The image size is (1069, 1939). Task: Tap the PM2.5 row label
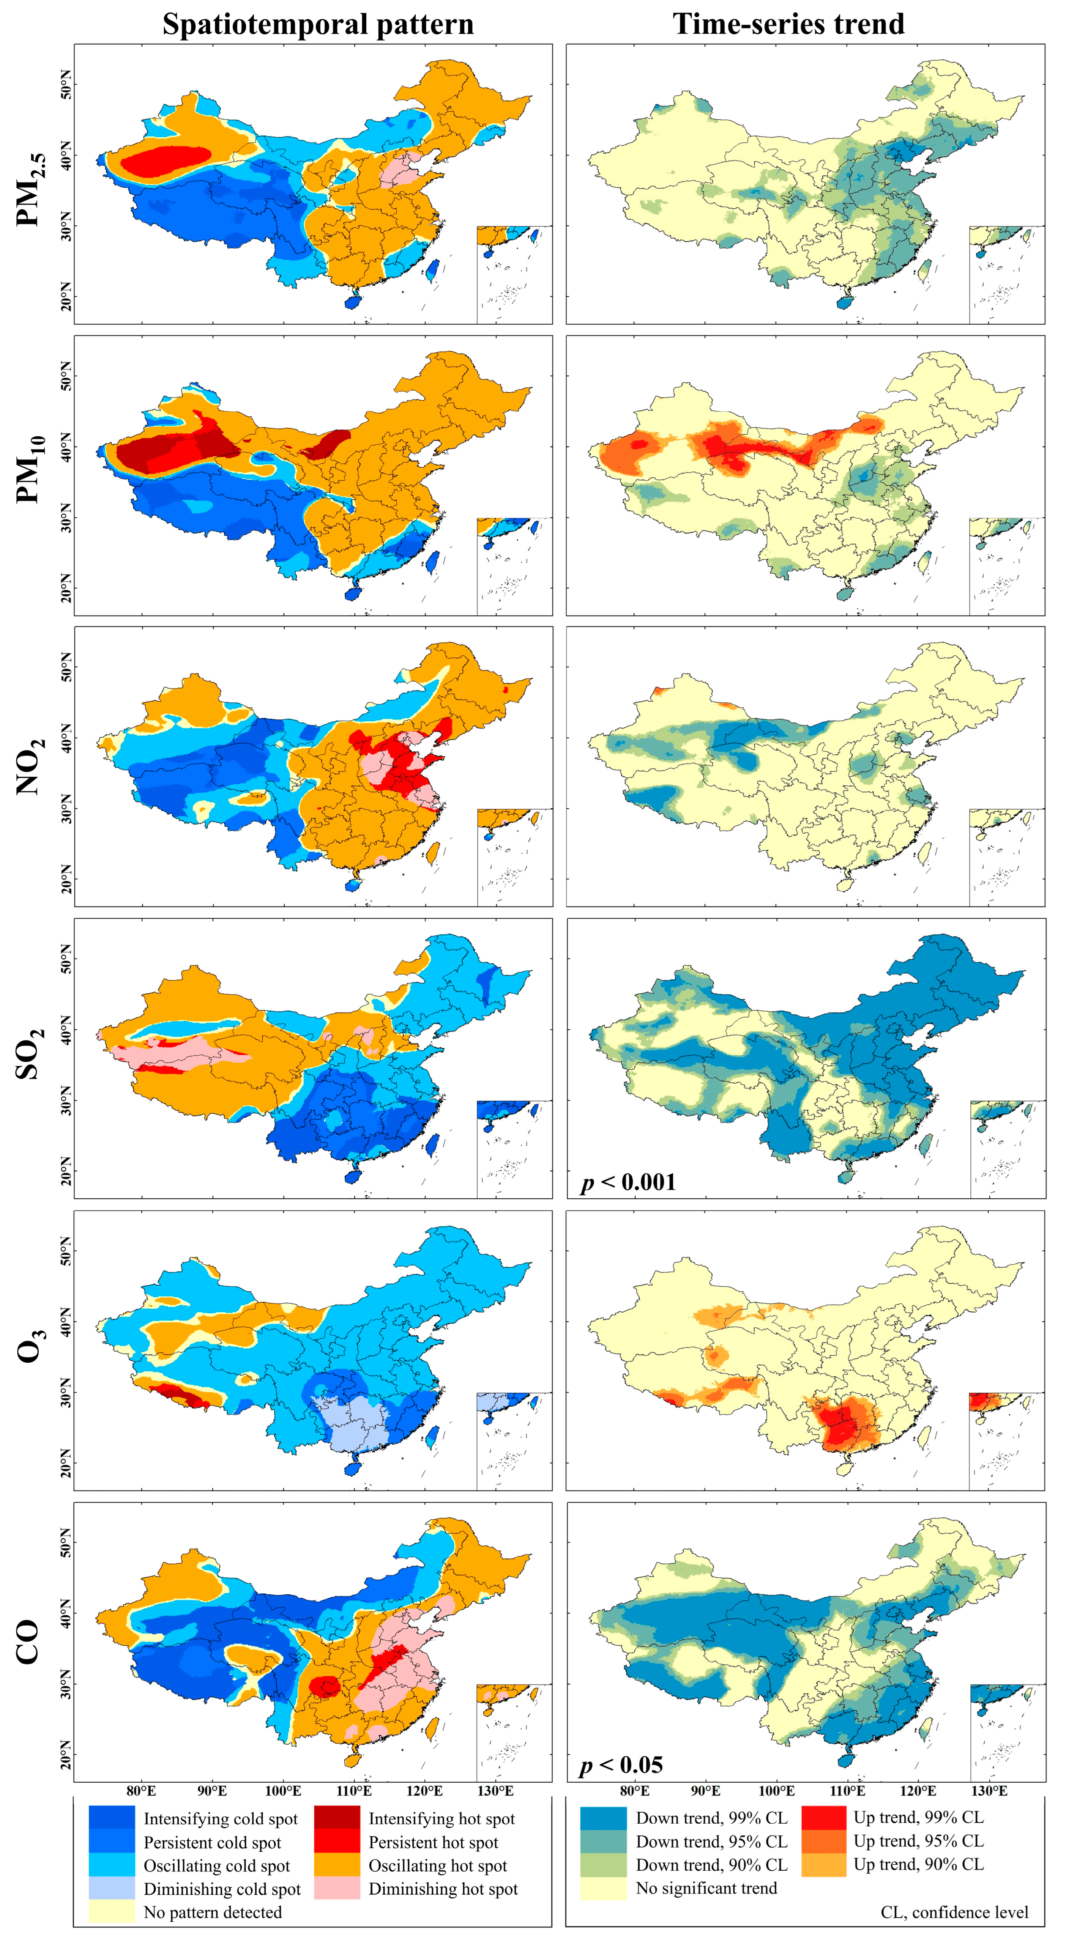32,188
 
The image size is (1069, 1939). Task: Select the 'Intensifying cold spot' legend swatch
111,1819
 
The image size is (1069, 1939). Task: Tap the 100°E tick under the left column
283,1791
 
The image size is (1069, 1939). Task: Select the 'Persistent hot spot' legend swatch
336,1842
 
